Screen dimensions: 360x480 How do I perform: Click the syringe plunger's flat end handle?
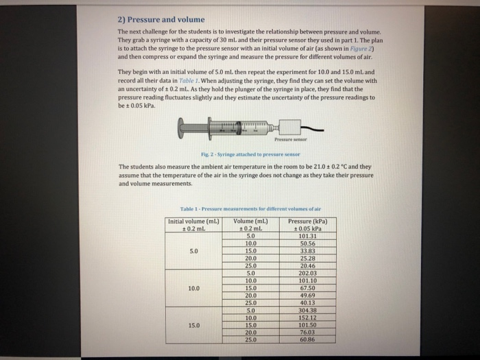[x=180, y=128]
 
